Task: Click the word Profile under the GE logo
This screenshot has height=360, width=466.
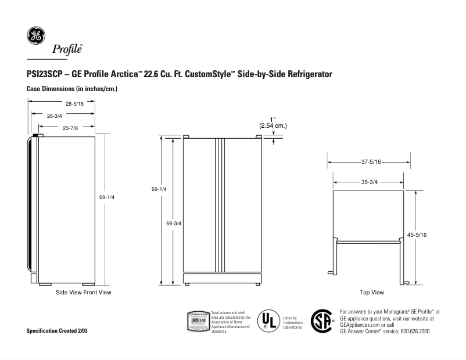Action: [68, 49]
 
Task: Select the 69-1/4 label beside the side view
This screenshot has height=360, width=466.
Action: [107, 198]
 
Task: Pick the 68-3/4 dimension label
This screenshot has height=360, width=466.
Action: [174, 224]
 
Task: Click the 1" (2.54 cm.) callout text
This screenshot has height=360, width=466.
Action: [273, 123]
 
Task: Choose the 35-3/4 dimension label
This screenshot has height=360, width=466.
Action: [370, 182]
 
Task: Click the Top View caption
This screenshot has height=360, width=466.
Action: [372, 292]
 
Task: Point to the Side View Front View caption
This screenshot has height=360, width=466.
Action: [83, 292]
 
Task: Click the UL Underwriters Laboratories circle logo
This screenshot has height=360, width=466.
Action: [268, 321]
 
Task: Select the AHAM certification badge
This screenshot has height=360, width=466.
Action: [198, 321]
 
